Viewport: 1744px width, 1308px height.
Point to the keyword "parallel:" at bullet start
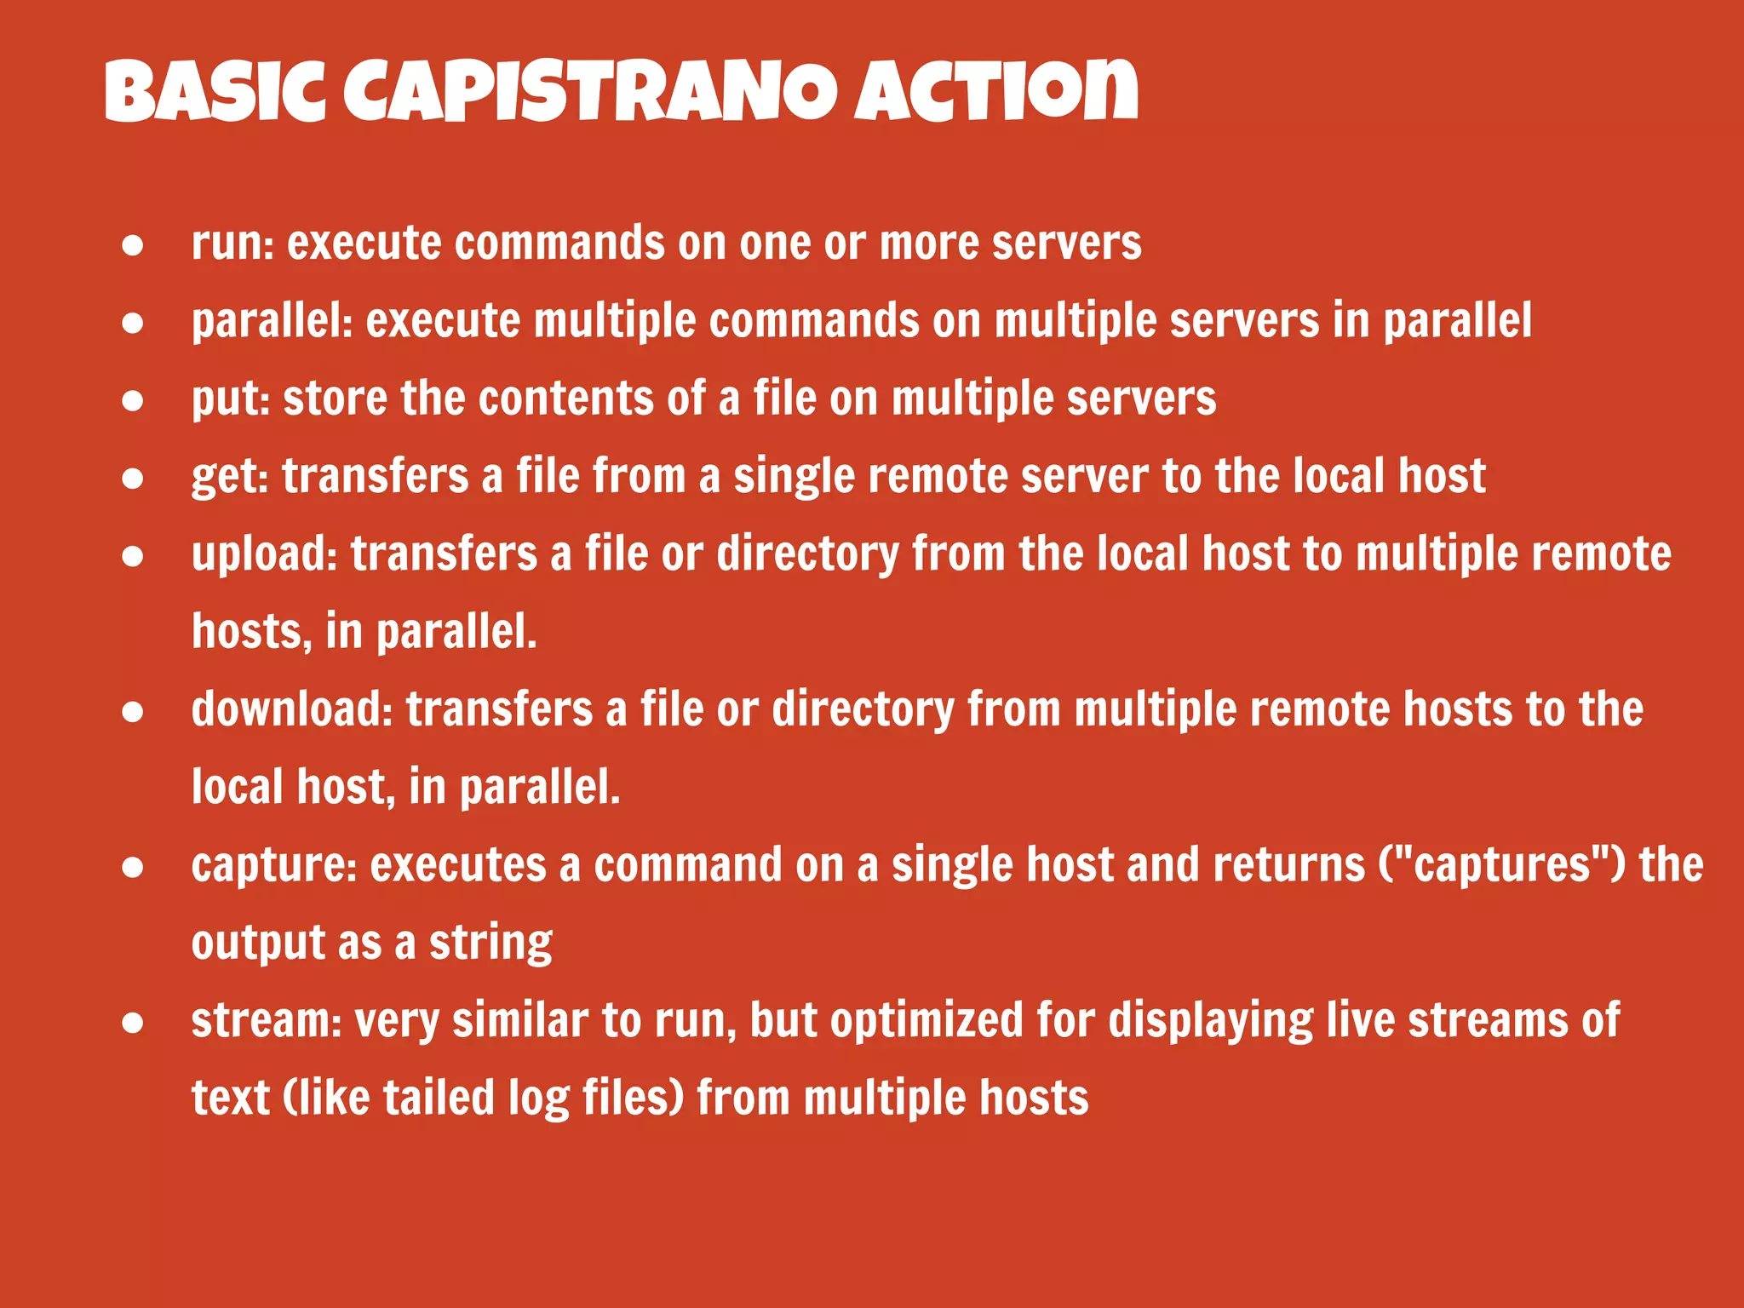[272, 322]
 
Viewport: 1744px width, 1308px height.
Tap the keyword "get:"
[230, 477]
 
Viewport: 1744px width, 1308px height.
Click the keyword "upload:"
[265, 554]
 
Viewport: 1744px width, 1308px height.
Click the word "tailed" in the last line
[439, 1099]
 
